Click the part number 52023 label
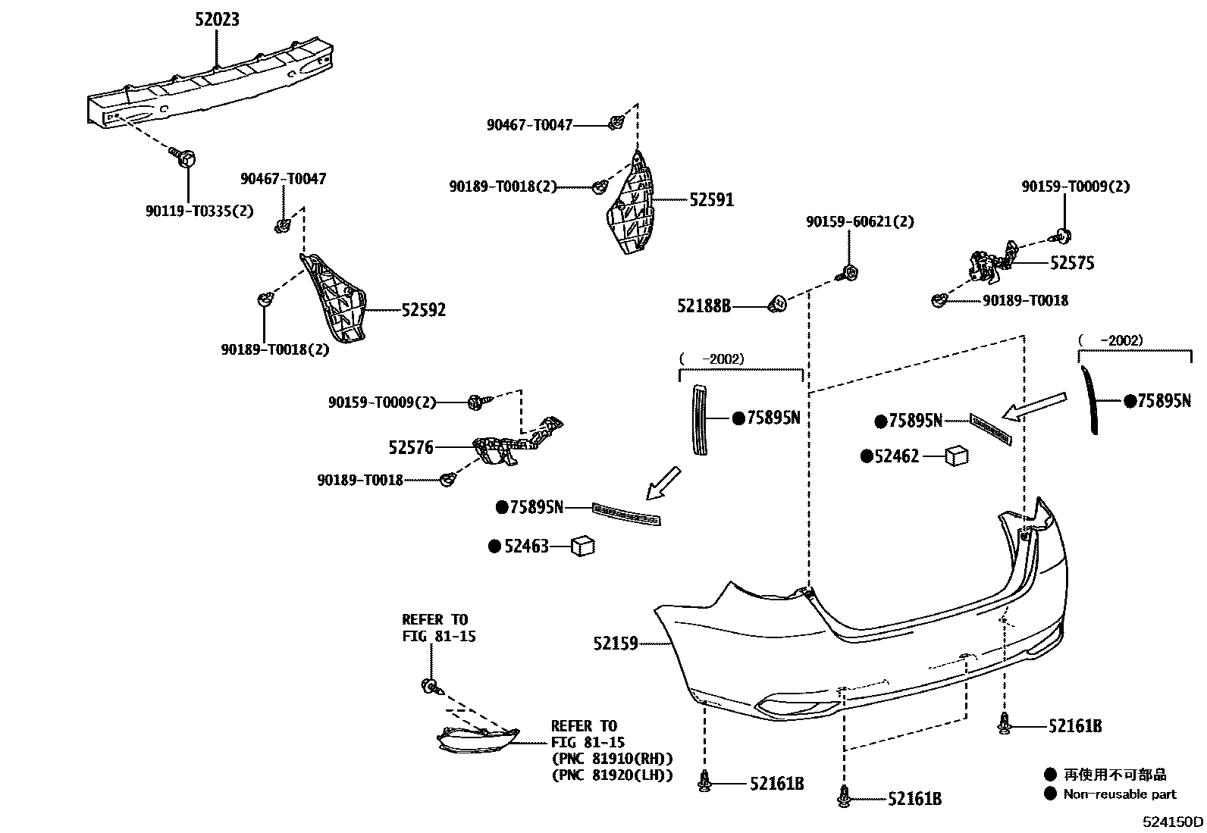[216, 20]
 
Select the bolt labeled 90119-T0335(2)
[186, 159]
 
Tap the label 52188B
[704, 306]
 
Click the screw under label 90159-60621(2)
[850, 273]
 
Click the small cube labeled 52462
[957, 456]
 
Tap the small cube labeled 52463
[582, 545]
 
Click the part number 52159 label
[616, 644]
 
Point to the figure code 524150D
[1174, 821]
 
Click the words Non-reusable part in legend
[1119, 794]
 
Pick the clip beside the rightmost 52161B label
[1005, 725]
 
